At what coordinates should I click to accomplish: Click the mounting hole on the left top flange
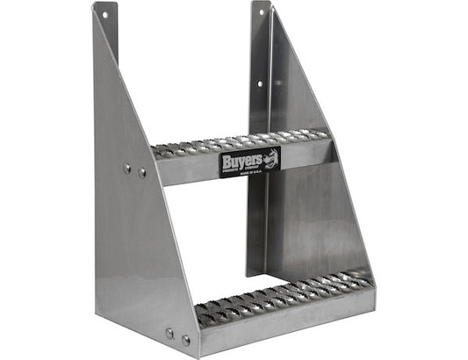[104, 15]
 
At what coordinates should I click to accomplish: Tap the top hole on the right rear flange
[260, 14]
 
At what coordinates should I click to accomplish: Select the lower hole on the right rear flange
[260, 84]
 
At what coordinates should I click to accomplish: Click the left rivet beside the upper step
[127, 169]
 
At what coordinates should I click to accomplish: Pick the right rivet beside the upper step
[142, 173]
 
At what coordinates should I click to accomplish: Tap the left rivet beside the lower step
[169, 333]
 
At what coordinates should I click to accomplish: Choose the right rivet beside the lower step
[185, 339]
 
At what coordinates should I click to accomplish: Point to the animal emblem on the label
[271, 159]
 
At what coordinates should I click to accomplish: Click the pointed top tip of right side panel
[273, 9]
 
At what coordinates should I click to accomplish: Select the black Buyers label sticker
[249, 162]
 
